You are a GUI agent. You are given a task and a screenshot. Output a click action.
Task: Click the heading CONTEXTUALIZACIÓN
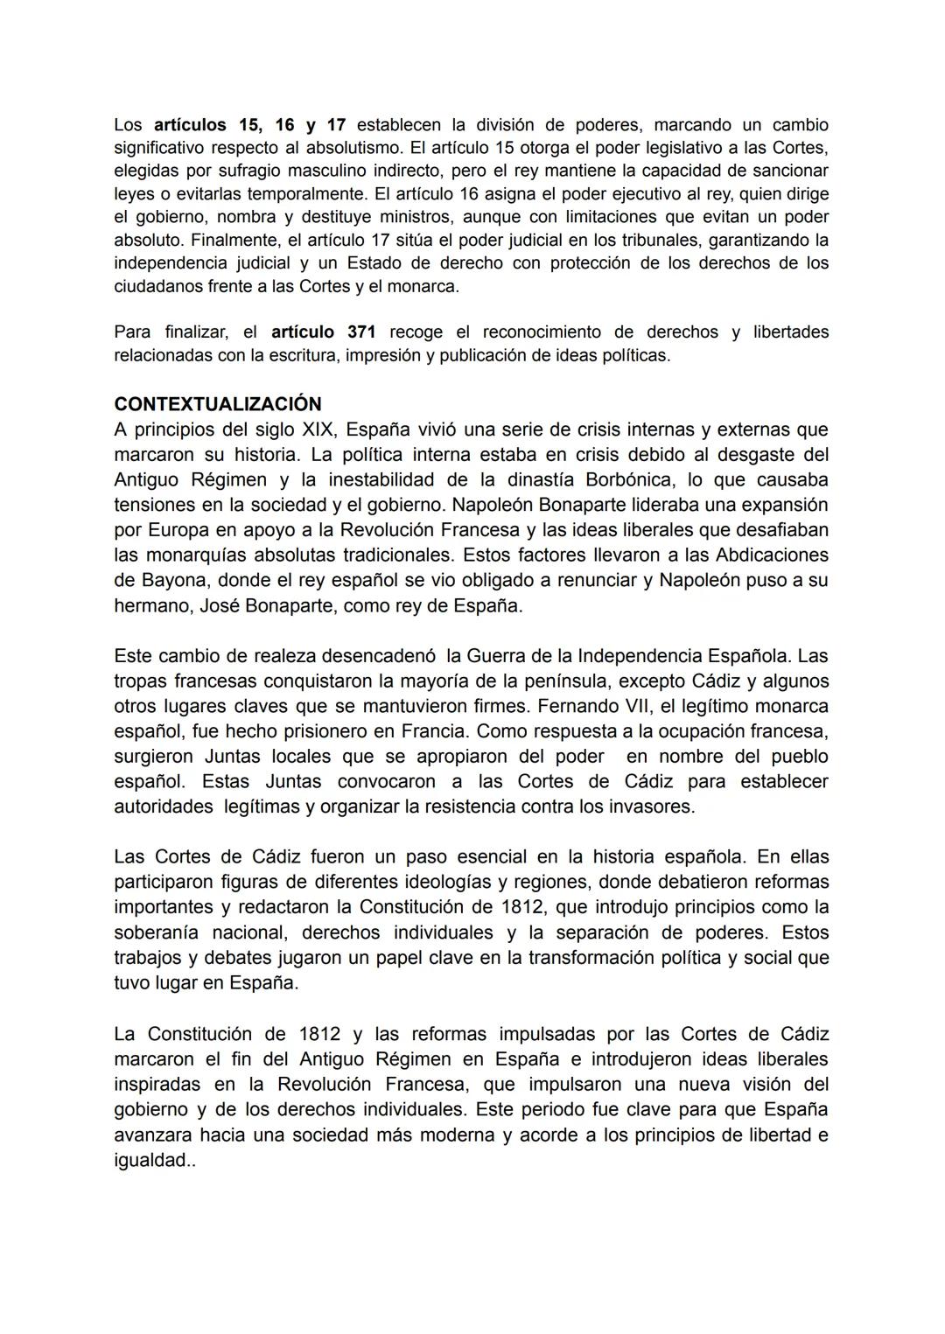218,404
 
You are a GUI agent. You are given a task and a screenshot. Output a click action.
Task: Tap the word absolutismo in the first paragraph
328,148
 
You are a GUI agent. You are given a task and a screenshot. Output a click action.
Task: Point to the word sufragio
233,171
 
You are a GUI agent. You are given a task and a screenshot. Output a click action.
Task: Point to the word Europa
183,530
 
